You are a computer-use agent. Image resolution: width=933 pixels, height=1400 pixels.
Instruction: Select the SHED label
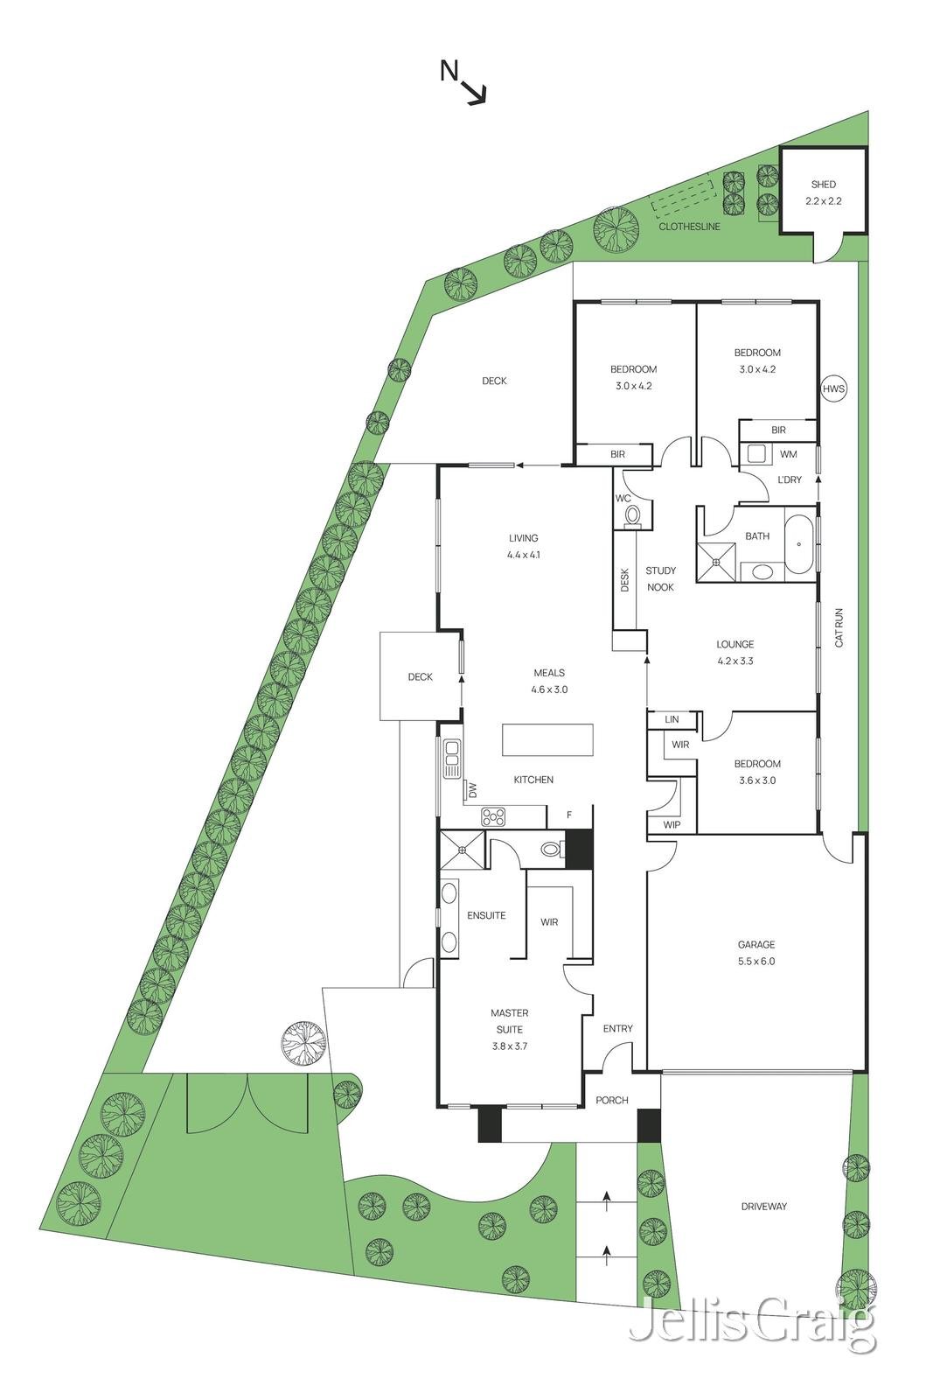point(823,185)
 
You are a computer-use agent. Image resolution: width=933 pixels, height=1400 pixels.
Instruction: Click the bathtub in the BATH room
point(800,544)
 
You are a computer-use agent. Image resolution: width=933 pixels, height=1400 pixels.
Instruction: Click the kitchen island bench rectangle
point(547,740)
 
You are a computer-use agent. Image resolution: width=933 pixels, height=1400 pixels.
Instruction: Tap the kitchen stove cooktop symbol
point(493,817)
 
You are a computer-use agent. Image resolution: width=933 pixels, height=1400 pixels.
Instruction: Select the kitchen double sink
point(451,759)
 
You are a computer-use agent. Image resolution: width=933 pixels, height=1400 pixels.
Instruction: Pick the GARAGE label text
point(755,945)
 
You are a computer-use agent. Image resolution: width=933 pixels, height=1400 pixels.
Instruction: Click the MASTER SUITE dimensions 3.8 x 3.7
point(509,1046)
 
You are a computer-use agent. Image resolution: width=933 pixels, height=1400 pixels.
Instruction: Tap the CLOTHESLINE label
point(689,227)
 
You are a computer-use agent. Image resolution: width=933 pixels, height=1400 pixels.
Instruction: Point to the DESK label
point(624,581)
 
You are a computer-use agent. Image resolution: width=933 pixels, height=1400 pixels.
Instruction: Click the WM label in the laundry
point(788,454)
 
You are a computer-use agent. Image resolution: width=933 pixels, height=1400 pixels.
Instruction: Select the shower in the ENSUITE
point(462,849)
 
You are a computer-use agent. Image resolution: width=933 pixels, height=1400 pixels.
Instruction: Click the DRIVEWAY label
point(763,1206)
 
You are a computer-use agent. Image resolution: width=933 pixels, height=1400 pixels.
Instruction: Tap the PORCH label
point(611,1100)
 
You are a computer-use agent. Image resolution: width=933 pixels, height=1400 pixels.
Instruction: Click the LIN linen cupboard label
point(672,719)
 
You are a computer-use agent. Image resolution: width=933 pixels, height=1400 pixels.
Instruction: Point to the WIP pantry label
point(672,825)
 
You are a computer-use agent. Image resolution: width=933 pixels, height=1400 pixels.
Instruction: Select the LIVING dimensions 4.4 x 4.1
point(523,555)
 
